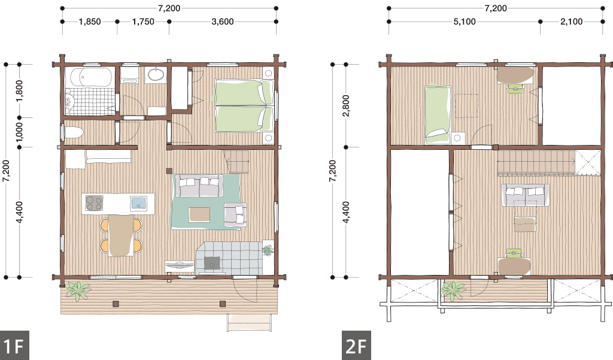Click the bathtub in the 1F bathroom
90,77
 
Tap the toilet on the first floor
74,132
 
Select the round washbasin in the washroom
157,74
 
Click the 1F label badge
14,346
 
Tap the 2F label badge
356,346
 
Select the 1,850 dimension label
90,22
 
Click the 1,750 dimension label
143,22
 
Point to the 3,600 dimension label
223,22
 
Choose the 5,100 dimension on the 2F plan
465,22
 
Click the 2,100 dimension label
571,22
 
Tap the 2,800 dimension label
345,105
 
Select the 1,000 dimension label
19,132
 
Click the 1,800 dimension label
19,91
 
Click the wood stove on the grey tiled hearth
212,264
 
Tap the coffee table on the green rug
199,214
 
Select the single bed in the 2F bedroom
438,114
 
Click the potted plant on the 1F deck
78,291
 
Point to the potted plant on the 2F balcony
454,291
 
